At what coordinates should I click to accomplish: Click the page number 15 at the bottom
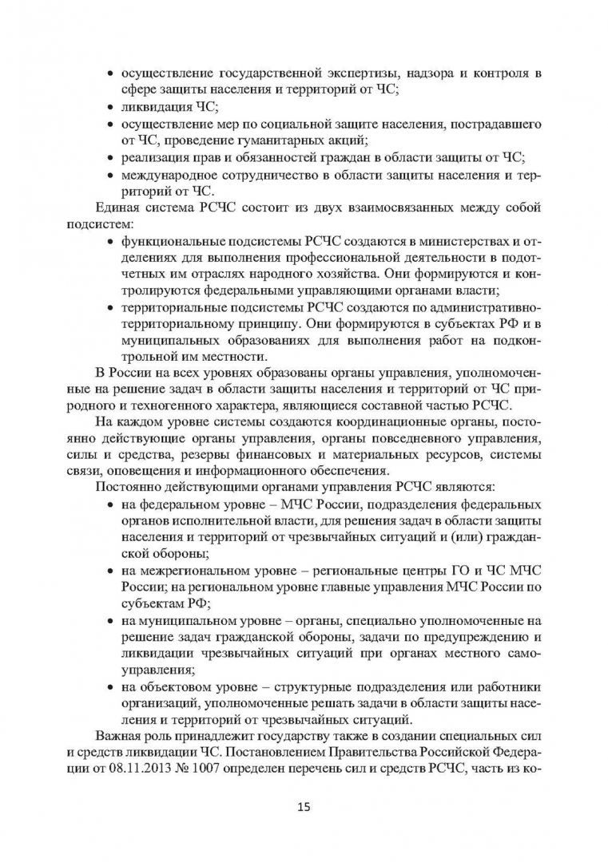coord(304,806)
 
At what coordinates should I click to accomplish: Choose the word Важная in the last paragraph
coord(117,735)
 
